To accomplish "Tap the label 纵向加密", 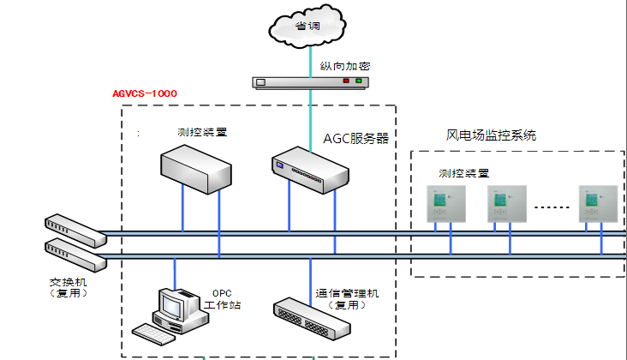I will [x=344, y=66].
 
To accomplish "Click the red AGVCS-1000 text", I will [x=145, y=93].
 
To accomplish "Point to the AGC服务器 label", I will [x=355, y=137].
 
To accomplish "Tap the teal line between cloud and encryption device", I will [x=309, y=58].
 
